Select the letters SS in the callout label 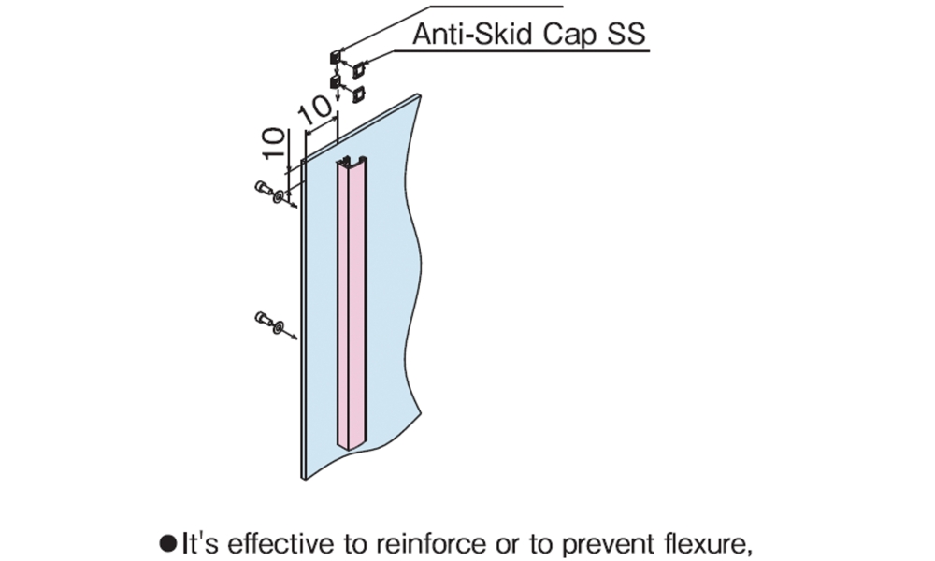(627, 35)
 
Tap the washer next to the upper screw (279, 196)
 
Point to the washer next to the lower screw (279, 327)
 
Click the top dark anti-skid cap (335, 58)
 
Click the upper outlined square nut (358, 67)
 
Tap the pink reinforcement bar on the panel (352, 299)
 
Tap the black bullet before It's (168, 542)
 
